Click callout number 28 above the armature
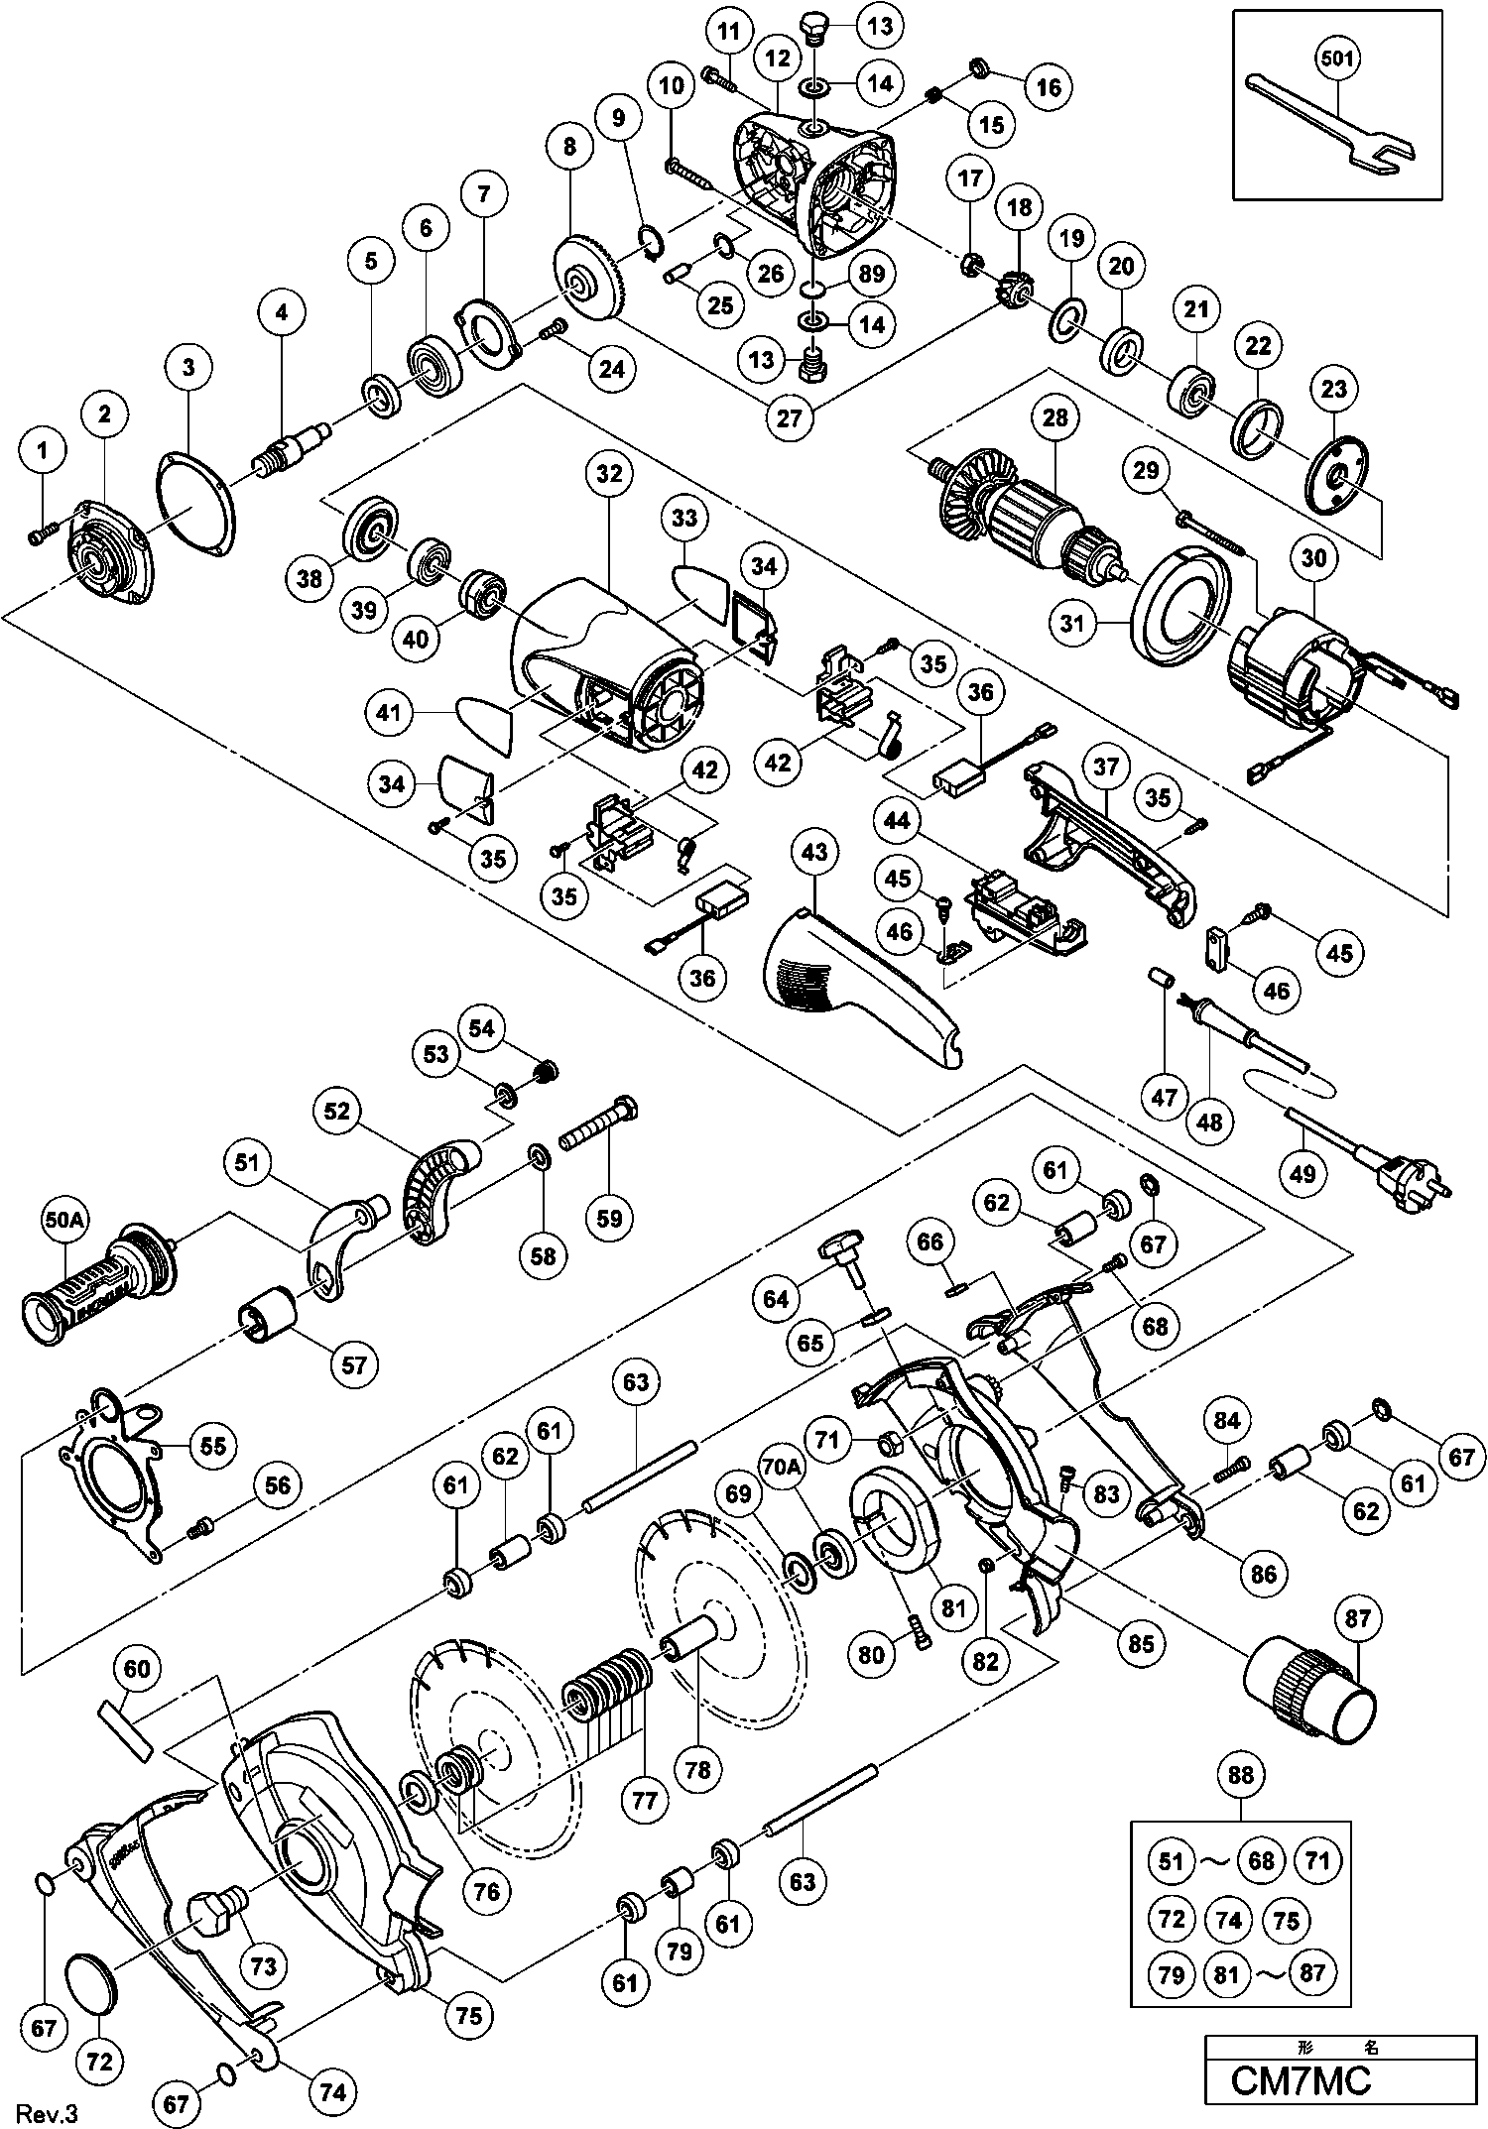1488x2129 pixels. tap(1054, 418)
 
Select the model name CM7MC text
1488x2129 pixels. tap(1301, 2080)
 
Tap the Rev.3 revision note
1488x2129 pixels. tap(41, 2113)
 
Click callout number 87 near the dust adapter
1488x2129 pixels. tap(1357, 1619)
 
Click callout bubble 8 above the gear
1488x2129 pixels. tap(569, 148)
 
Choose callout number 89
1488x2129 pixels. tap(874, 274)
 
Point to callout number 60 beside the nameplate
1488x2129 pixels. tap(136, 1669)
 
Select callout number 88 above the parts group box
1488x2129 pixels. tap(1241, 1775)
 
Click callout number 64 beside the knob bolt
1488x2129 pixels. tap(775, 1299)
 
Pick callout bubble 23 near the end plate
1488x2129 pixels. tap(1334, 389)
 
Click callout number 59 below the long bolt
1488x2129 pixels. tap(609, 1218)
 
